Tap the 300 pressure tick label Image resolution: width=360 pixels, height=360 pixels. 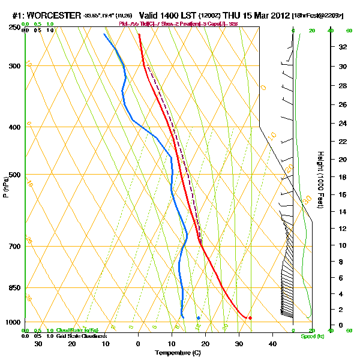(x=14, y=66)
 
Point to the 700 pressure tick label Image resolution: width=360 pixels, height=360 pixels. (x=14, y=247)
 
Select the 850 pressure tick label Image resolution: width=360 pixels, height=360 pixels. (x=14, y=288)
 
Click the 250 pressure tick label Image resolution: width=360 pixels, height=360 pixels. (x=14, y=28)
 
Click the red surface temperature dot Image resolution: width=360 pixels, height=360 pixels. (x=250, y=317)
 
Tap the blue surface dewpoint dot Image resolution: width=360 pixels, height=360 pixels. (x=198, y=317)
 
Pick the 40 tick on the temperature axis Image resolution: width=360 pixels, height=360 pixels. (x=272, y=344)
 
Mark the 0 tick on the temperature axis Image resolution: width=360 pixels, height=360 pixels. (x=139, y=344)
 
